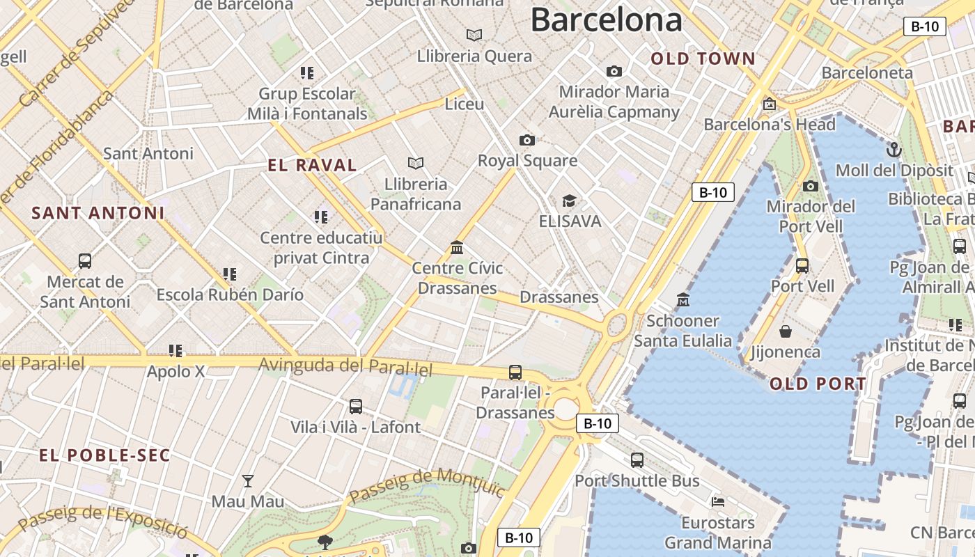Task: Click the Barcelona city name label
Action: point(606,20)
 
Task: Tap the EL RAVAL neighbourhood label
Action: point(312,165)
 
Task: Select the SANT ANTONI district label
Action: point(98,213)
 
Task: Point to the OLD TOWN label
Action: point(703,59)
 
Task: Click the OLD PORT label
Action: point(818,384)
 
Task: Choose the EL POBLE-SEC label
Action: point(104,455)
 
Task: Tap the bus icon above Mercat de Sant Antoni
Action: point(85,261)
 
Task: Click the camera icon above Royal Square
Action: point(527,140)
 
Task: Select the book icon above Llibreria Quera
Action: point(474,35)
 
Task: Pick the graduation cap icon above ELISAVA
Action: point(569,201)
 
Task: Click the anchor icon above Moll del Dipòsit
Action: point(894,150)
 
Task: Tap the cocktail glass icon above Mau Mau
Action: point(247,480)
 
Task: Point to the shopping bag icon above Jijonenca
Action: point(786,331)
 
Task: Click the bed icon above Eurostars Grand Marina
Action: point(718,501)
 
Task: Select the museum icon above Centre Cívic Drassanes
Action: point(457,247)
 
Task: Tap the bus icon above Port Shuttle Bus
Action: point(637,460)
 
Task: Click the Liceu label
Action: point(465,104)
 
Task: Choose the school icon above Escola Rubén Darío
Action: point(230,274)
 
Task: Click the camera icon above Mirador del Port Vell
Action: point(810,186)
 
